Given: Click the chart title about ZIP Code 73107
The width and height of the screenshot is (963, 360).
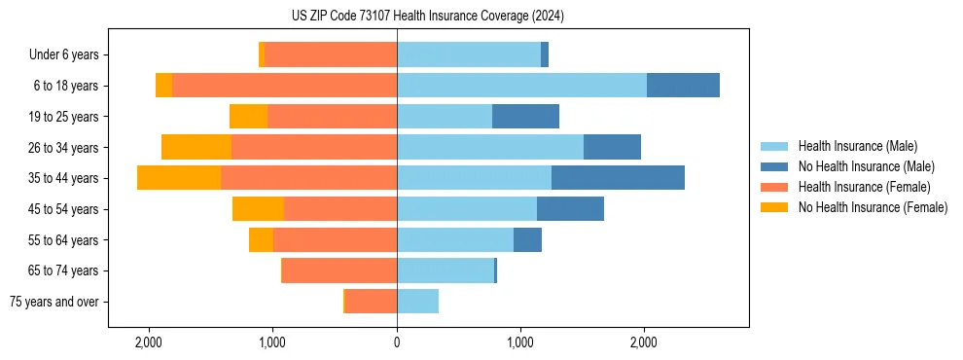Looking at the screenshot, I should coord(427,17).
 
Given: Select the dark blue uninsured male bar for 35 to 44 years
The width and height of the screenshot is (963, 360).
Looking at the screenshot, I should coord(618,178).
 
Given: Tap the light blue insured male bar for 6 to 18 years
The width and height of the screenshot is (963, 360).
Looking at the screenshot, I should coord(521,86).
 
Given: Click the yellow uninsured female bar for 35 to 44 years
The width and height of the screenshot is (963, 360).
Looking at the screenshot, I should coord(179,178).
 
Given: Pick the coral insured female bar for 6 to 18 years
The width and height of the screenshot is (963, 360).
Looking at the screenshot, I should coord(284,86).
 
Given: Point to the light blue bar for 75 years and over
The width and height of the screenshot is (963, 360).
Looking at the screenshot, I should coord(417,302).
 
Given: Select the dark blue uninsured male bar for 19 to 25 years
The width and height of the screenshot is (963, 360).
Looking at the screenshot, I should coord(525,117).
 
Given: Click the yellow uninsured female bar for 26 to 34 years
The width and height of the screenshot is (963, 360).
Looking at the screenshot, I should coord(196,147).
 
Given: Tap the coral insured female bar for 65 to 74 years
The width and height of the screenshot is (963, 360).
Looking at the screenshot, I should coord(339,270).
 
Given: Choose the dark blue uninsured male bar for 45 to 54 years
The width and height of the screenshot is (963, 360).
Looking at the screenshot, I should coord(570,209).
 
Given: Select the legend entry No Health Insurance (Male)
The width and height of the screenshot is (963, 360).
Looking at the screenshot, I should coord(866,166).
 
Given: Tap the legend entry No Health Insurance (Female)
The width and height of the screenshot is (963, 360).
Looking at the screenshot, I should coord(873,207).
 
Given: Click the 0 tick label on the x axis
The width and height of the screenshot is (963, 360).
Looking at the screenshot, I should coord(397,342).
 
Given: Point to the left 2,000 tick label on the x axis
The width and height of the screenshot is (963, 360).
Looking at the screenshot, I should coord(149,342).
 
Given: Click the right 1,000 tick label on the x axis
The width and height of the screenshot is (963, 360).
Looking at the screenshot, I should coord(520,342).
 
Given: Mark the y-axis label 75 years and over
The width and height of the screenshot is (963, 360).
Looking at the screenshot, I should coord(53,302).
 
